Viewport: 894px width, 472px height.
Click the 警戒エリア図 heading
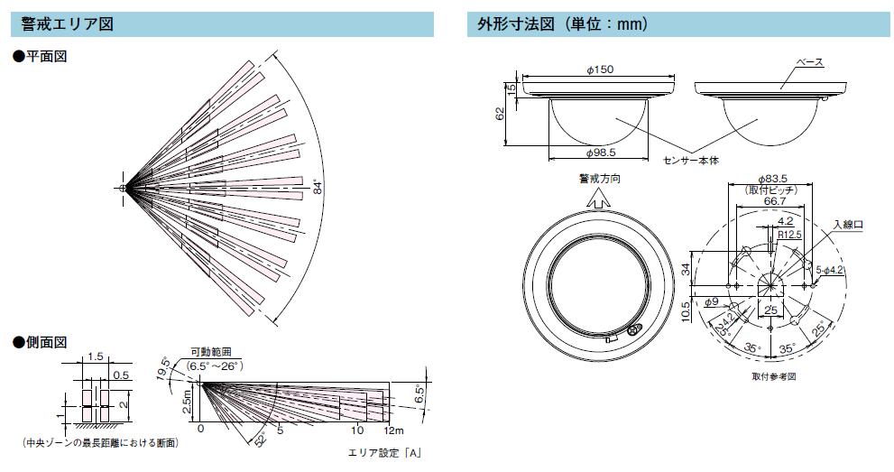click(68, 24)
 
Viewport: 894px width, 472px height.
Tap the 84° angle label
click(318, 188)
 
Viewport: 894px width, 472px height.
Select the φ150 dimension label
click(600, 69)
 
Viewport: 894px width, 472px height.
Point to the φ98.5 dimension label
click(601, 153)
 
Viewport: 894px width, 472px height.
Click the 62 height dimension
click(500, 114)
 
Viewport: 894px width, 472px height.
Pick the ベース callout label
click(809, 62)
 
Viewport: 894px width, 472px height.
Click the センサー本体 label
click(691, 161)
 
